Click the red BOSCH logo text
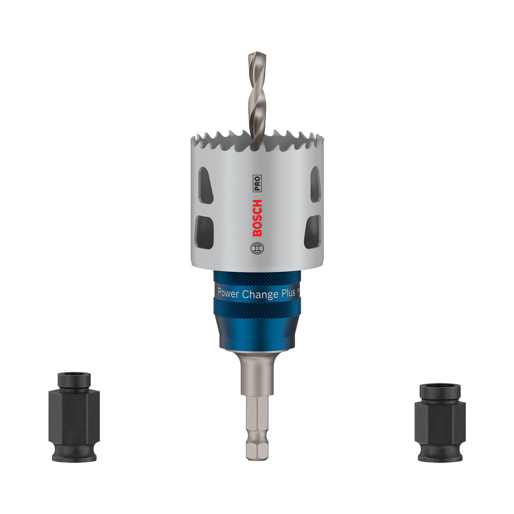pos(258,218)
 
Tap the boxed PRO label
pos(257,183)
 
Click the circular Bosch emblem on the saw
pos(257,248)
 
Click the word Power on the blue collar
pos(229,293)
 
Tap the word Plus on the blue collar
pos(288,293)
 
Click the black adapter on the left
pos(74,417)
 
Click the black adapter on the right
pos(440,423)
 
